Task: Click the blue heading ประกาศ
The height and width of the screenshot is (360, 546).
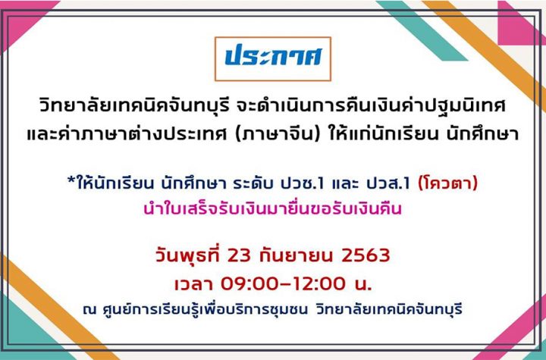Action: (273, 56)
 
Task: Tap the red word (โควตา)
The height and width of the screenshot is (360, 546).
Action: (448, 183)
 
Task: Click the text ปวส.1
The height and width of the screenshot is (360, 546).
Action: (388, 183)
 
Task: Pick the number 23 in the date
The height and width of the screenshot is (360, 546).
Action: (239, 255)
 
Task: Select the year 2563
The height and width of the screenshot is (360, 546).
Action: (366, 255)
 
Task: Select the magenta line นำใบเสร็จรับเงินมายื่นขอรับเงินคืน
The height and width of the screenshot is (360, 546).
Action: (273, 209)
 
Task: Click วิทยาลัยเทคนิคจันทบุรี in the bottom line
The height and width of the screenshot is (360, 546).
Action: (389, 309)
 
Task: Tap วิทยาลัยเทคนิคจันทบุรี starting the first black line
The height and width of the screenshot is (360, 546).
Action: (135, 106)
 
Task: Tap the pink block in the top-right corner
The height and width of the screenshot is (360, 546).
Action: (522, 23)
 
